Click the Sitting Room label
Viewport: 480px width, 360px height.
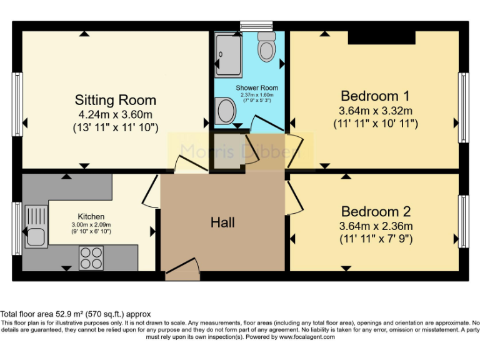115,100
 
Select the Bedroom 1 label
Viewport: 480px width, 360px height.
375,96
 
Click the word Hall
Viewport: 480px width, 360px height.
222,222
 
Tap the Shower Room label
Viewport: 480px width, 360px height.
257,88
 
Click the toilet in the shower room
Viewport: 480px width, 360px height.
267,47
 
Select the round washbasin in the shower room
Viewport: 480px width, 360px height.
225,112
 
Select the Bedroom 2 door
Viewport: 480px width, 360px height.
293,197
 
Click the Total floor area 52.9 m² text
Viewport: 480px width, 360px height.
75,314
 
